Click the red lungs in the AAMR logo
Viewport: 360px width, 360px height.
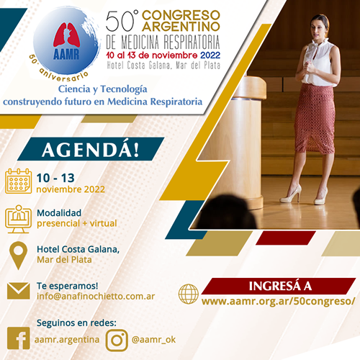pos(66,35)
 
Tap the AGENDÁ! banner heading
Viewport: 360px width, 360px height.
pos(91,149)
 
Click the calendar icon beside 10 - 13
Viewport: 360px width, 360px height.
pos(18,181)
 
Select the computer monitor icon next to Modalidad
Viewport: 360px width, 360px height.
pos(18,219)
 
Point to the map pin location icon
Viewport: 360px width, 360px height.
pos(18,256)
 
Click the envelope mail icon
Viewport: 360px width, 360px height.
pos(19,291)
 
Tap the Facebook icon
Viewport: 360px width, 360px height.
pos(19,338)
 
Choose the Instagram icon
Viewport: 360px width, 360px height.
pos(117,341)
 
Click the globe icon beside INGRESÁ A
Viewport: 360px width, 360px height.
pos(189,294)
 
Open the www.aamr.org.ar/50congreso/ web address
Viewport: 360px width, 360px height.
pos(278,301)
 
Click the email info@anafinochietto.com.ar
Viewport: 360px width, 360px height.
pos(96,297)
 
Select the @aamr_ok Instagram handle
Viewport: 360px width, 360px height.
pos(153,340)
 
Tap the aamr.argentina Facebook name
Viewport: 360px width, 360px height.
pos(67,340)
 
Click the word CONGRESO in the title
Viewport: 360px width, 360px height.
pos(181,15)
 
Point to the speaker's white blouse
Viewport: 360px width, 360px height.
pos(318,63)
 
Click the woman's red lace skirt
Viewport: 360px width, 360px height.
pos(315,119)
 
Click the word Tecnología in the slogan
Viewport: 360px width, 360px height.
pos(124,89)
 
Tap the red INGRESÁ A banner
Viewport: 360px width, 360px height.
pos(279,286)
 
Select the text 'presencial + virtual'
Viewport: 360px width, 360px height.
pos(77,223)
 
